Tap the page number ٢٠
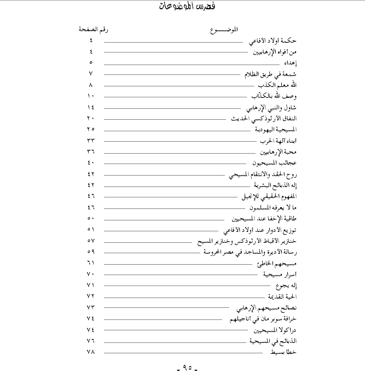tap(91, 118)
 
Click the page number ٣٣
tap(91, 141)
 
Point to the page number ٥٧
tap(91, 241)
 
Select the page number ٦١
tap(91, 263)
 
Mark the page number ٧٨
tap(91, 353)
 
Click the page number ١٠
tap(91, 96)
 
